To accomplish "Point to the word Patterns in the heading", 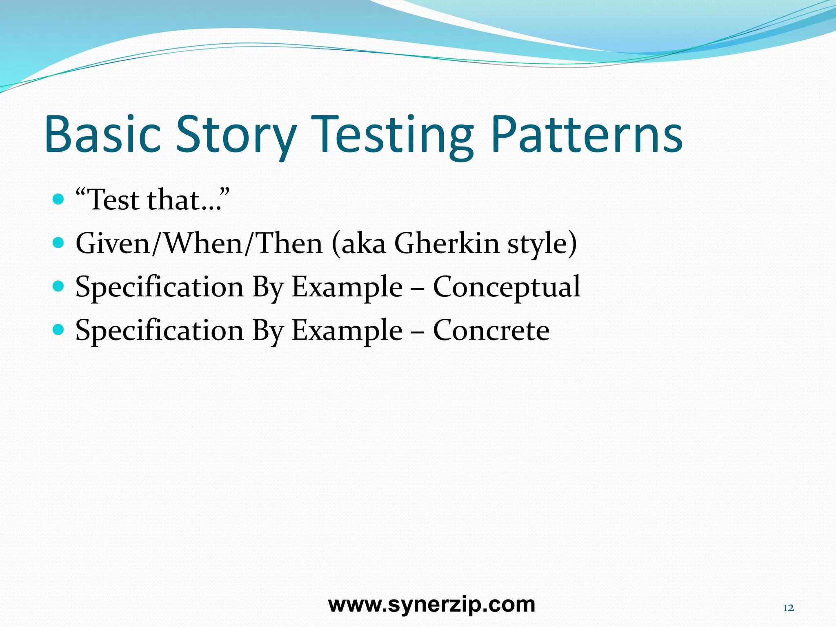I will [x=587, y=135].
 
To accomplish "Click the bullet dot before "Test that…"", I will [x=59, y=199].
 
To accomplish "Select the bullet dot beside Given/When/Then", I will [x=59, y=243].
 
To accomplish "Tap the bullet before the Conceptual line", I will [x=59, y=286].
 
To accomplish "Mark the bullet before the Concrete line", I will [x=59, y=329].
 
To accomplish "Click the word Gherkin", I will [x=447, y=244].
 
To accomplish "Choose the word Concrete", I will [x=491, y=331].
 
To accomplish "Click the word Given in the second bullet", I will [x=113, y=244].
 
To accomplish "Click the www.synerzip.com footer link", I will [x=431, y=605].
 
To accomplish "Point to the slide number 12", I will [x=788, y=608].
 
